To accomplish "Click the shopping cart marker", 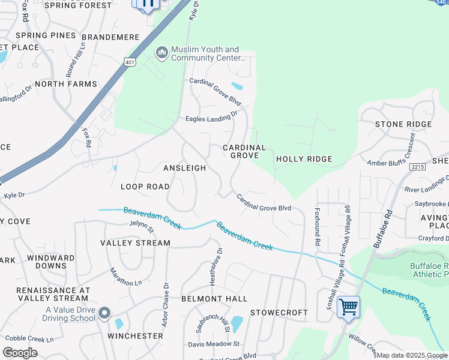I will [348, 307].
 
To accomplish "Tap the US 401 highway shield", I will [130, 61].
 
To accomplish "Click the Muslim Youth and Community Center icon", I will [161, 53].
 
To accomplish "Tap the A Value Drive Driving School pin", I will [105, 313].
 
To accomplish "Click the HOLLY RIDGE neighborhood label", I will [303, 159].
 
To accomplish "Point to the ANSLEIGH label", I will [185, 168].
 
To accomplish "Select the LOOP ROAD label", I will [145, 187].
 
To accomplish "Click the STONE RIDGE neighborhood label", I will [403, 124].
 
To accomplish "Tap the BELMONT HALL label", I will [214, 298].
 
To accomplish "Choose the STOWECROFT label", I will [279, 313].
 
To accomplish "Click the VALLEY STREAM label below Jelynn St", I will [135, 243].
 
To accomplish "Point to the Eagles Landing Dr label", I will [211, 118].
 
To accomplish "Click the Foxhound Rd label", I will [317, 228].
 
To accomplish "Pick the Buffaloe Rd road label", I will [382, 229].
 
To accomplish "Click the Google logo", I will [20, 353].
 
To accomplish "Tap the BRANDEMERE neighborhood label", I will [111, 37].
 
